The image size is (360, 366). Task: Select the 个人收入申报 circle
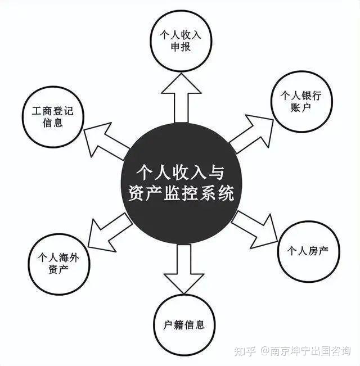click(181, 41)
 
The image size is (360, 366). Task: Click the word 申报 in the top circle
click(181, 47)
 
